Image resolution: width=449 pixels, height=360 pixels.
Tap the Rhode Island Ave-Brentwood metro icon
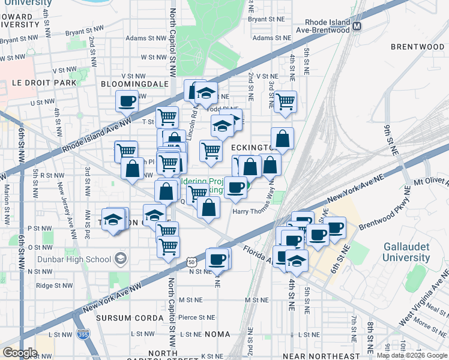(357, 26)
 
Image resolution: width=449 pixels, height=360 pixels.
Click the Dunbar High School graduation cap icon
(121, 259)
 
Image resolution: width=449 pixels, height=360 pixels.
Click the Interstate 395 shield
(83, 334)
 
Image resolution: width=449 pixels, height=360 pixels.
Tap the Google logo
(20, 352)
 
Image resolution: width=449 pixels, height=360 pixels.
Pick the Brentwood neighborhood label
(417, 46)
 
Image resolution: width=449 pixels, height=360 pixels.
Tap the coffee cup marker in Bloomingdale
(127, 101)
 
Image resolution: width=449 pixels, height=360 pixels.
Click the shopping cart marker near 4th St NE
(285, 101)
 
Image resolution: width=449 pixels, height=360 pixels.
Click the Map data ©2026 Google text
(412, 355)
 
